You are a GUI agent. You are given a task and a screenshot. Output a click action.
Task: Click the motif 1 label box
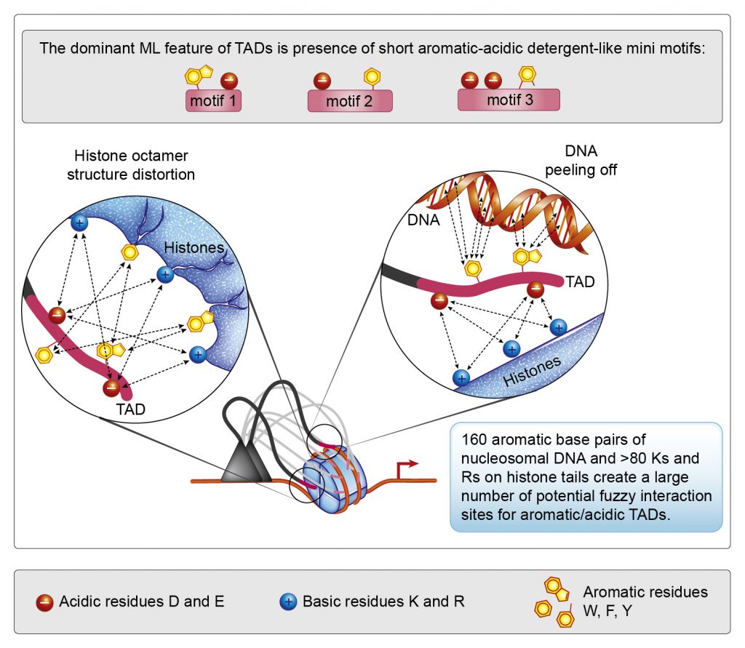point(213,101)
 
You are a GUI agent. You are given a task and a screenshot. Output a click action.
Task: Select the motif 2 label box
point(349,101)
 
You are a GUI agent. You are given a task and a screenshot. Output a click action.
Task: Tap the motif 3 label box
point(509,100)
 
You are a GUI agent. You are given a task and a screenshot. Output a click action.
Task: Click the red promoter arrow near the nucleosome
point(407,466)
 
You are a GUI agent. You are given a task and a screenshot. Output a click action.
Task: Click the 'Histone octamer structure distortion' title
point(135,165)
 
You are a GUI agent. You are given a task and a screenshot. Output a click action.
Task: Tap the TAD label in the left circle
point(131,409)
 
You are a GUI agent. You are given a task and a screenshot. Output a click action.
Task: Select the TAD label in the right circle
point(580,282)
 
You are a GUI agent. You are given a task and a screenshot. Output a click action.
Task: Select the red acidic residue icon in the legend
point(44,602)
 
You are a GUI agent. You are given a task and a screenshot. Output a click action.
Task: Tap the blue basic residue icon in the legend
point(288,602)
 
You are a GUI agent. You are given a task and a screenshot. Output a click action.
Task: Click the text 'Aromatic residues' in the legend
point(634,592)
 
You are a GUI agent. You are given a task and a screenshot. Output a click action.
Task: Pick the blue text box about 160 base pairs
point(586,476)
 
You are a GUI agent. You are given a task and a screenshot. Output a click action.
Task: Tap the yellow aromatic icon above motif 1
point(199,76)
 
